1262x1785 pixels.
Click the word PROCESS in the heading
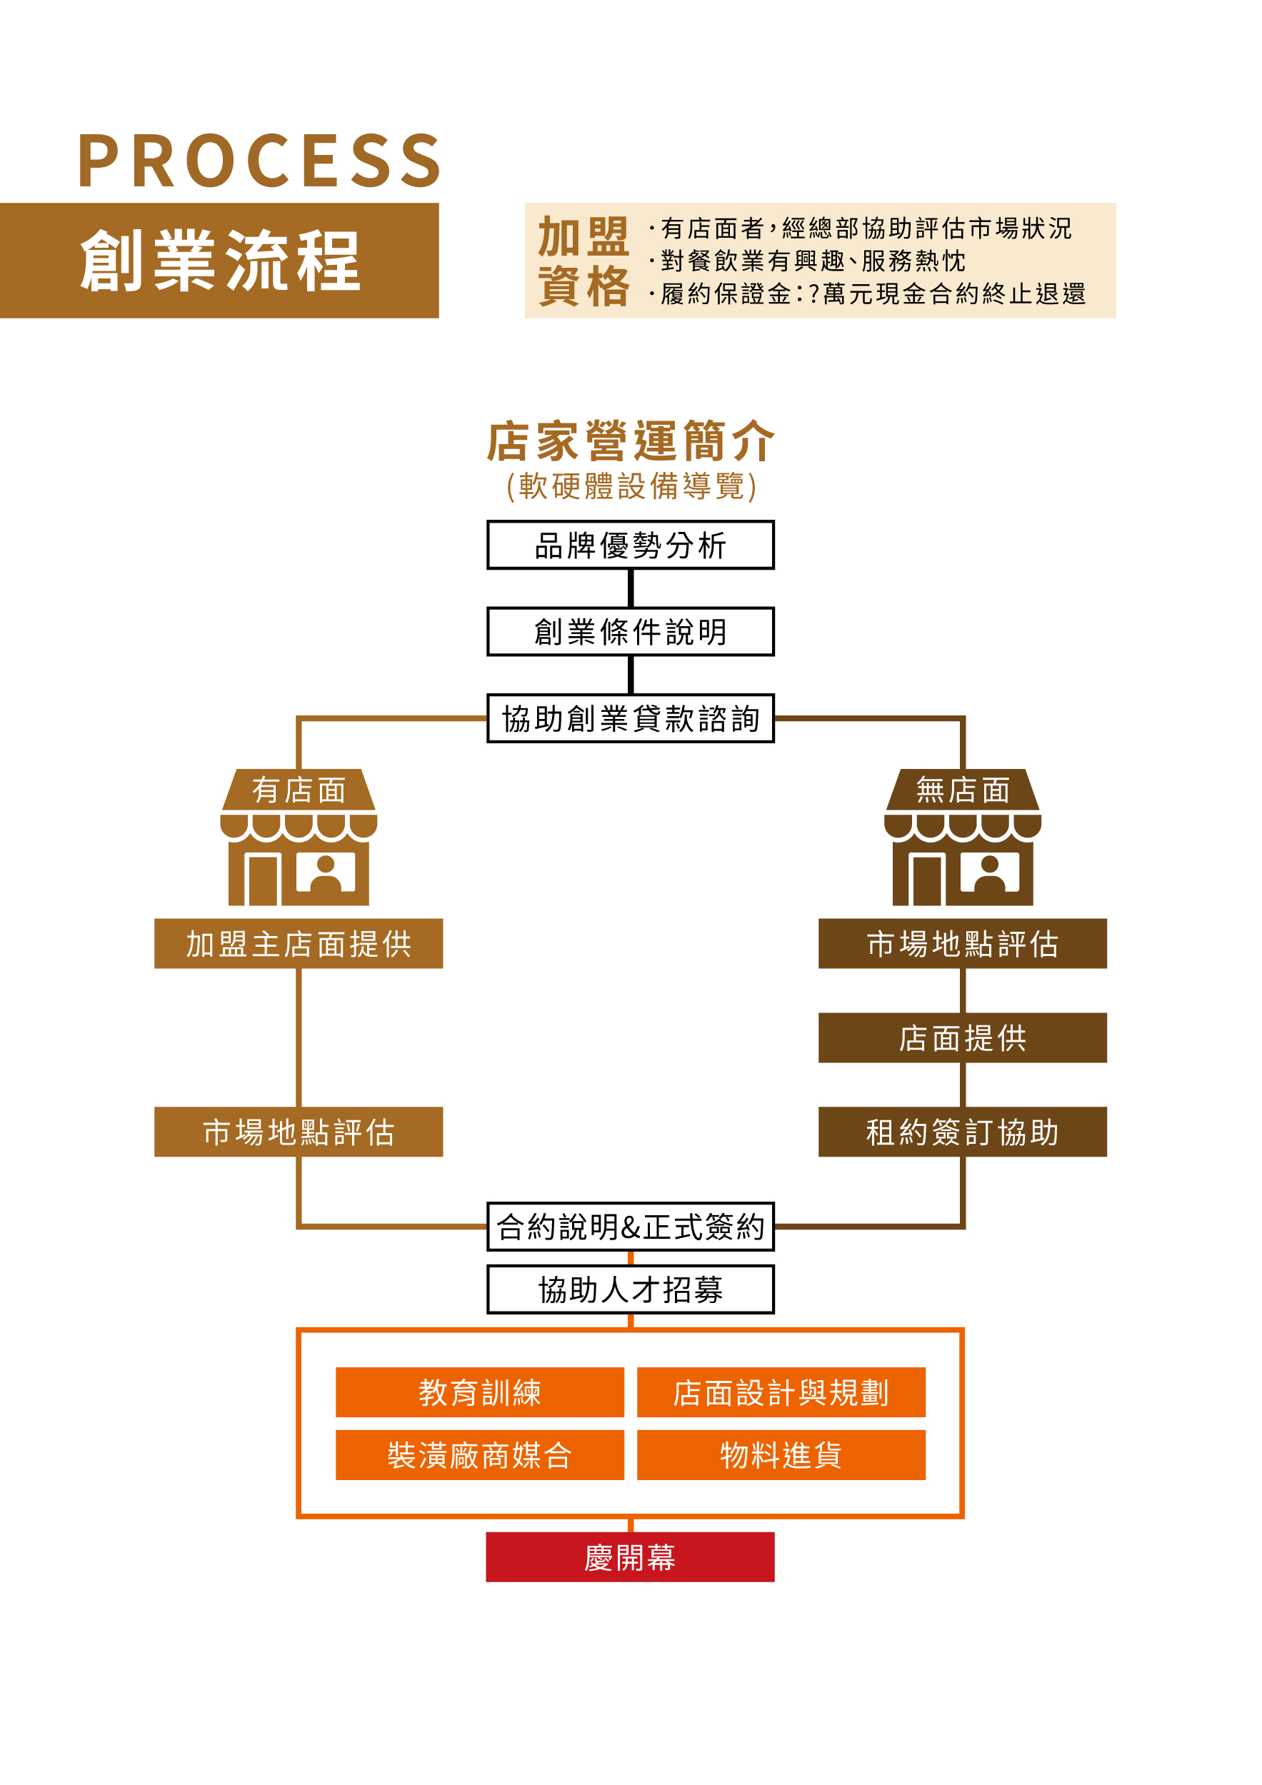click(260, 160)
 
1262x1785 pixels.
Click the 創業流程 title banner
click(219, 261)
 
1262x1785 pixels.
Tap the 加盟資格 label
click(584, 261)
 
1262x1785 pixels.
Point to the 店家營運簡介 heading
click(630, 441)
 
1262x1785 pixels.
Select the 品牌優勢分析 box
click(630, 545)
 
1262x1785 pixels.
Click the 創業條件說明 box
click(630, 631)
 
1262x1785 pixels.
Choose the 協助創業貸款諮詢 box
click(630, 718)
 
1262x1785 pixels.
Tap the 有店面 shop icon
click(299, 838)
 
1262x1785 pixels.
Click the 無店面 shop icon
click(962, 838)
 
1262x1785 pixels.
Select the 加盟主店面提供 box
click(299, 943)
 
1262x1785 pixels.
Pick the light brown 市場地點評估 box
click(299, 1131)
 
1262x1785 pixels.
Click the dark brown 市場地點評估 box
click(962, 943)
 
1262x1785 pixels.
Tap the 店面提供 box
click(962, 1037)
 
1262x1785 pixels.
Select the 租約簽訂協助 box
click(962, 1131)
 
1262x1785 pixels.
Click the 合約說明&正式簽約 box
click(630, 1226)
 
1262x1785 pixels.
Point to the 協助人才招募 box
click(630, 1289)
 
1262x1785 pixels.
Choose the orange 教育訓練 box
click(480, 1392)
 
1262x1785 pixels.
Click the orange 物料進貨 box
click(781, 1454)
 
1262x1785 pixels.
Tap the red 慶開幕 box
click(630, 1557)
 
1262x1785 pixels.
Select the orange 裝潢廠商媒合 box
click(480, 1454)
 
